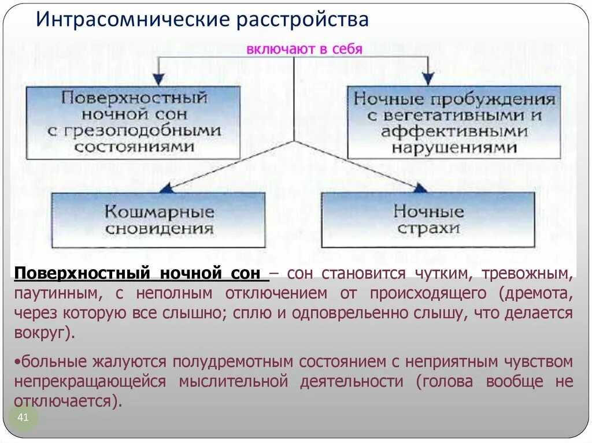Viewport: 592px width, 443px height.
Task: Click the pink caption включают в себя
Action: tap(304, 49)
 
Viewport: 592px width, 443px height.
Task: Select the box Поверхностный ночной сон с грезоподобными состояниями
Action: tap(133, 122)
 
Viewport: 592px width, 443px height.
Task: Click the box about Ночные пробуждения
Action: tap(454, 122)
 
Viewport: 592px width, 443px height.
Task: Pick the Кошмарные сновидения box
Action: tap(159, 220)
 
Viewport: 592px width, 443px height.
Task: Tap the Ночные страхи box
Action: tap(428, 220)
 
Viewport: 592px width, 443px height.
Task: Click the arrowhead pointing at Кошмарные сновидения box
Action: tap(166, 188)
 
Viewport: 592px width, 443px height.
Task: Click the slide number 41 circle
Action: tap(24, 417)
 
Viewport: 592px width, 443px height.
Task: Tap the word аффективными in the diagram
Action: tap(454, 131)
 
